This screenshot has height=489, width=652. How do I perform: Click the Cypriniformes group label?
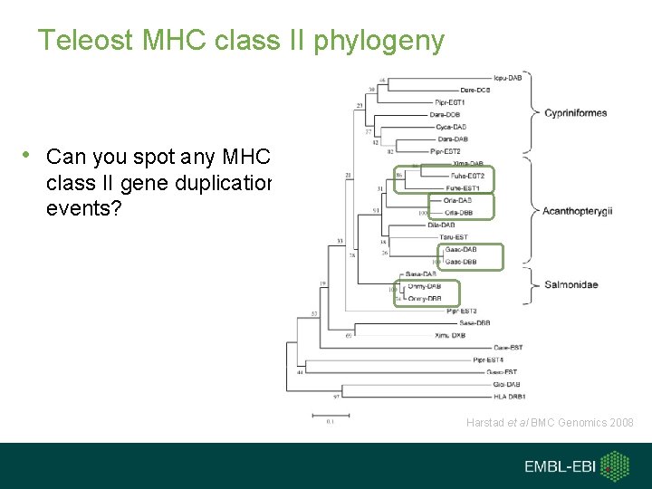(x=575, y=113)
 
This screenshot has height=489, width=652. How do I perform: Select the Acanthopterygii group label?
(x=577, y=211)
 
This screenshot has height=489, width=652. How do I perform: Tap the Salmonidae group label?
(x=570, y=285)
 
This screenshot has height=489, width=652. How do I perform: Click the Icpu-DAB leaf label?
(x=507, y=78)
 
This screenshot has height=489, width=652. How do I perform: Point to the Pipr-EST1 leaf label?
(x=450, y=102)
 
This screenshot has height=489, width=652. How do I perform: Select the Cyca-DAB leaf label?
(x=452, y=128)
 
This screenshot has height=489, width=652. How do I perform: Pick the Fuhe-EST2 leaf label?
(x=466, y=175)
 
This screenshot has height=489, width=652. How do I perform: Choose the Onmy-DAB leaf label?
(x=425, y=287)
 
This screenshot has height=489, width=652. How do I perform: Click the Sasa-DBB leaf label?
(x=475, y=322)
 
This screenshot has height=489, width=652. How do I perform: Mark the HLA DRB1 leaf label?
(x=509, y=396)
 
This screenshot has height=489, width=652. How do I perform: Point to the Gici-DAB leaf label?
(x=507, y=384)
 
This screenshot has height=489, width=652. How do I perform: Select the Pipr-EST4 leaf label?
(x=489, y=360)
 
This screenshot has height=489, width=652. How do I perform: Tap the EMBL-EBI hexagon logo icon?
(x=617, y=466)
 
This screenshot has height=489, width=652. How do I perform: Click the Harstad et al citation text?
(x=550, y=423)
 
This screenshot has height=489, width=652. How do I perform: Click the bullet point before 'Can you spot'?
(x=31, y=156)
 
